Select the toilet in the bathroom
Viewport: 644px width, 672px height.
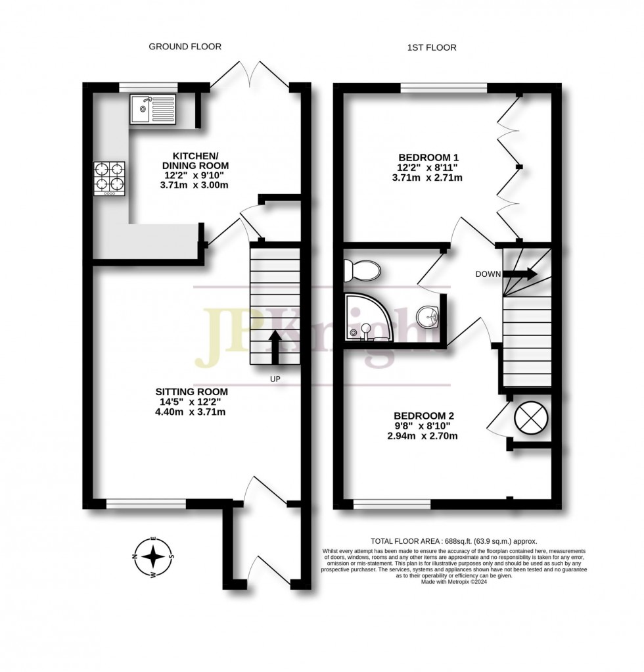(x=362, y=270)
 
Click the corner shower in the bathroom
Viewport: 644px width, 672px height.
(x=367, y=318)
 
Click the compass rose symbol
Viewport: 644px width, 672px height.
(x=153, y=557)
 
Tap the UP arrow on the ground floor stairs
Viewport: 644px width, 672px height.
(x=275, y=347)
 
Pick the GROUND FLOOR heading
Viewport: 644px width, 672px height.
(x=185, y=47)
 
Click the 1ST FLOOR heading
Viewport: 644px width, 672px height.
(x=431, y=47)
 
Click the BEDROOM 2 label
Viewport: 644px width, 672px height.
(x=424, y=416)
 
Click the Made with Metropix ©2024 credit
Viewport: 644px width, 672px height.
(x=453, y=581)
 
